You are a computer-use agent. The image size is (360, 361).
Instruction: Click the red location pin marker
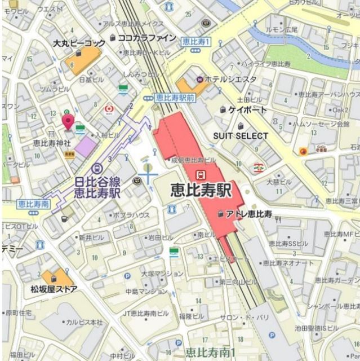[x=68, y=120]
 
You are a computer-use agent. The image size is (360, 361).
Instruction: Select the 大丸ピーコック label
[x=79, y=43]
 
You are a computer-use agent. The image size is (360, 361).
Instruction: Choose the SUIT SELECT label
[x=241, y=136]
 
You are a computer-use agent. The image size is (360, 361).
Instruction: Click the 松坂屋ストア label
[x=54, y=289]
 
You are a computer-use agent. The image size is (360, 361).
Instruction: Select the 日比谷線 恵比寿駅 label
[x=98, y=187]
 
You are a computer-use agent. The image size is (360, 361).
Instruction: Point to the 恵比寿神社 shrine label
[x=52, y=143]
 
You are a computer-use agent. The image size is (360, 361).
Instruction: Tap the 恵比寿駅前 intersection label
[x=175, y=97]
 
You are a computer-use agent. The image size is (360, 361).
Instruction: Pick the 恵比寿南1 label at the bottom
[x=210, y=354]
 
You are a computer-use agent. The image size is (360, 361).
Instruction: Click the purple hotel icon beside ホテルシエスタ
[x=199, y=80]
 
